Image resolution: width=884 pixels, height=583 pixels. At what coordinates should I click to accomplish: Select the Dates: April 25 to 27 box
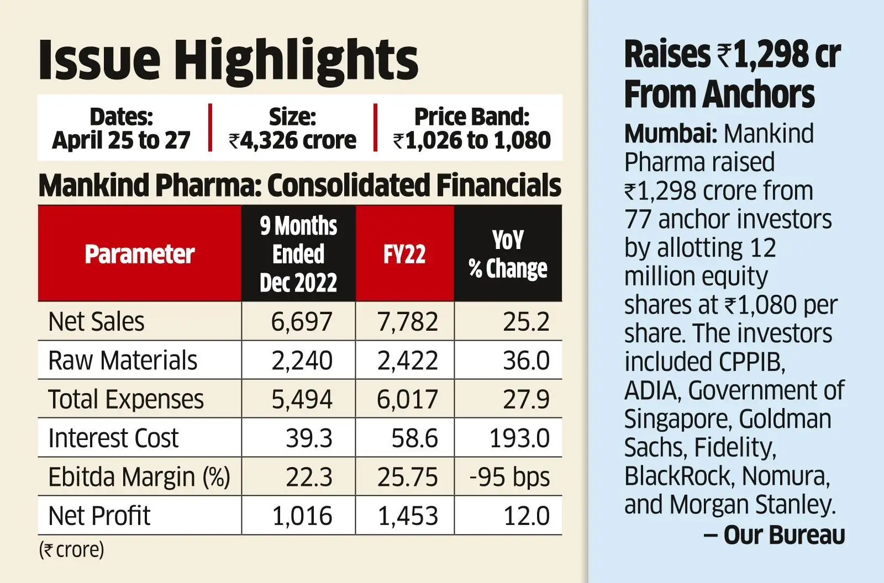tap(121, 128)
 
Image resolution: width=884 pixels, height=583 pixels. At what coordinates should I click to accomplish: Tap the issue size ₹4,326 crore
tap(292, 128)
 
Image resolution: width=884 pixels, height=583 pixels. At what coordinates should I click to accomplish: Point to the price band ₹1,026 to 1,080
tap(472, 128)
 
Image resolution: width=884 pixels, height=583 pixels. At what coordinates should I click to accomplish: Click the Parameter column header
tap(139, 254)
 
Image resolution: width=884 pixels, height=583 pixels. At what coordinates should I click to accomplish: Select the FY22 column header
tap(404, 254)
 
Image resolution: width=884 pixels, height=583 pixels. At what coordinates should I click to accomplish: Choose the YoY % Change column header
tap(508, 254)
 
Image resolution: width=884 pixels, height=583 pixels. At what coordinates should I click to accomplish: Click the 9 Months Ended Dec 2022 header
tap(298, 254)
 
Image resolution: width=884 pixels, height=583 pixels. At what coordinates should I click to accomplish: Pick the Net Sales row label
tap(96, 321)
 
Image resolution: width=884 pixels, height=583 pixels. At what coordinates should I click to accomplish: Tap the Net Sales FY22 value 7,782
tap(408, 321)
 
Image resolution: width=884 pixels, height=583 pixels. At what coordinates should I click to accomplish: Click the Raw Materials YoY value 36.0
tap(526, 361)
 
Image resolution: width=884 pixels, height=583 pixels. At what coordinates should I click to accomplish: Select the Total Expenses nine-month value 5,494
tap(302, 399)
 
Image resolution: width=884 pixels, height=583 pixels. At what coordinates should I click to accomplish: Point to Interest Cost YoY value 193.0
tap(519, 438)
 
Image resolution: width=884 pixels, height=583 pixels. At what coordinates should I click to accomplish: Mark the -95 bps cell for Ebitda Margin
tap(509, 477)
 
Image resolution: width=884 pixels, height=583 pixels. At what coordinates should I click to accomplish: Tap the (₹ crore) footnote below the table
tap(71, 550)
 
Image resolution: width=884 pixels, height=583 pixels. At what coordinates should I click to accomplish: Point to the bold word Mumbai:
tap(671, 134)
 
